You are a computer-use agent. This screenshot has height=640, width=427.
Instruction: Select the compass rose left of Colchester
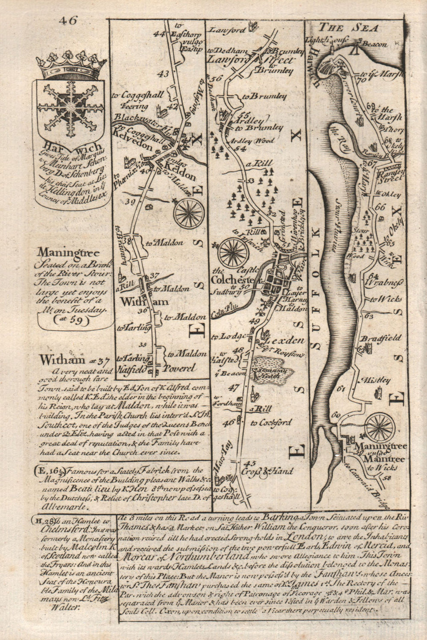(x=233, y=253)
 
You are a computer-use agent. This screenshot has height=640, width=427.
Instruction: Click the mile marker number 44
(x=160, y=34)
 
